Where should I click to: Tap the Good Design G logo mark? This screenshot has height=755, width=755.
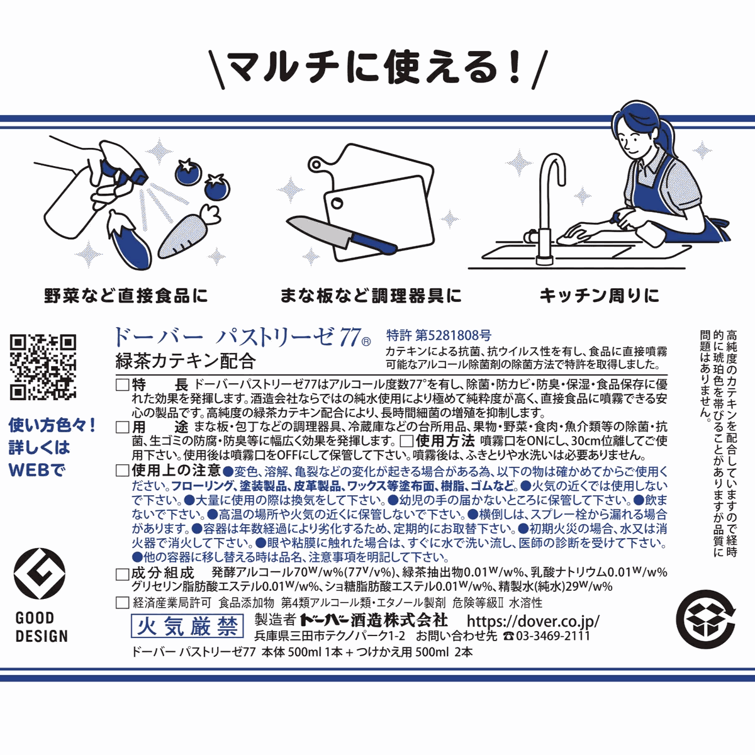click(40, 576)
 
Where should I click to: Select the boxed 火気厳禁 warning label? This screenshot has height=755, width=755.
click(187, 625)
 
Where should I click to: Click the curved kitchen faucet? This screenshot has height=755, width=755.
click(547, 201)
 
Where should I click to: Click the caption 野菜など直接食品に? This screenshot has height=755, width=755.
click(126, 295)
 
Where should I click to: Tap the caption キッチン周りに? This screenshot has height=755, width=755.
click(599, 295)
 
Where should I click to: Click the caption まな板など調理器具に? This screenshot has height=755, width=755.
click(371, 295)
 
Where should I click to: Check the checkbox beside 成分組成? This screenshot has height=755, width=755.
click(123, 574)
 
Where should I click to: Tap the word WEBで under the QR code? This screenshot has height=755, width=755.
click(36, 470)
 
